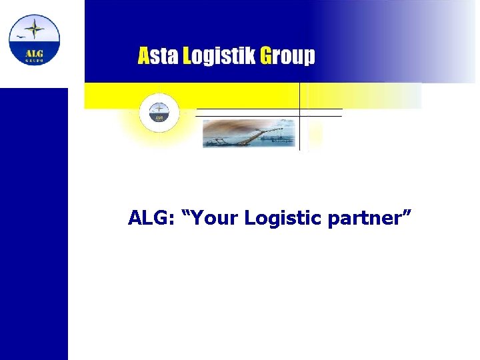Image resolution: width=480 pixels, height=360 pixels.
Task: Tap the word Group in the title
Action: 287,56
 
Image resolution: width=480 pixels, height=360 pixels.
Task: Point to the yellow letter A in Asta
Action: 144,55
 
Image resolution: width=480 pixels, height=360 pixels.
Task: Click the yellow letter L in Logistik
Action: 187,55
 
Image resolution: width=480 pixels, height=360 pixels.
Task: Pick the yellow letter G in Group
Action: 266,55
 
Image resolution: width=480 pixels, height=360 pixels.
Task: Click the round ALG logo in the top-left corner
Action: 34,39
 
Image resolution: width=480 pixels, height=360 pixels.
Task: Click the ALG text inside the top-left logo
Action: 34,53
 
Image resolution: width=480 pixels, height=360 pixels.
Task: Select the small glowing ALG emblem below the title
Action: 159,112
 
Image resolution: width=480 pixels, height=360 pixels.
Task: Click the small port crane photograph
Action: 248,133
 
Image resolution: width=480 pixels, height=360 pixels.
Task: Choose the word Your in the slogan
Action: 215,217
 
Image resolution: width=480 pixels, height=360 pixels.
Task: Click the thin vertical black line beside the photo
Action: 300,117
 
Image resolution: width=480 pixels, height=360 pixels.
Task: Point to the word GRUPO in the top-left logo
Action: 34,60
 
